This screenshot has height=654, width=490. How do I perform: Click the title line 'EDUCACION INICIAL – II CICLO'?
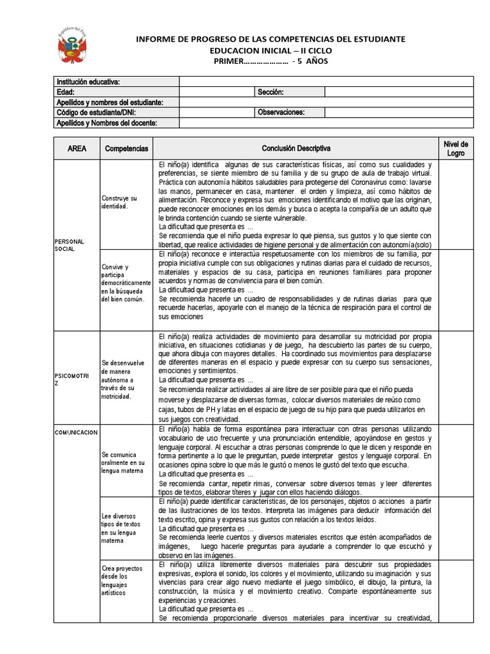tap(271, 50)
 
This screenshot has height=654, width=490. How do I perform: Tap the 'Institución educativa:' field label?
tap(88, 82)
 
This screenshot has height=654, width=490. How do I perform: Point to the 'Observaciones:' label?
tap(281, 112)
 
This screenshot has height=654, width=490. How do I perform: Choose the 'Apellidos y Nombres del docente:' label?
tap(107, 123)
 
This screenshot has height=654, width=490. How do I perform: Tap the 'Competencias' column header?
tap(126, 148)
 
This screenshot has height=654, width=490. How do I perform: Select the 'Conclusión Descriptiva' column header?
tap(296, 148)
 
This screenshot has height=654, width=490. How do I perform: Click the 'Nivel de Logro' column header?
tap(456, 148)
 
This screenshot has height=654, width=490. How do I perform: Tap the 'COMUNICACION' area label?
tap(75, 432)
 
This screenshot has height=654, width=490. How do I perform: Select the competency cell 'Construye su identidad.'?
tap(119, 202)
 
